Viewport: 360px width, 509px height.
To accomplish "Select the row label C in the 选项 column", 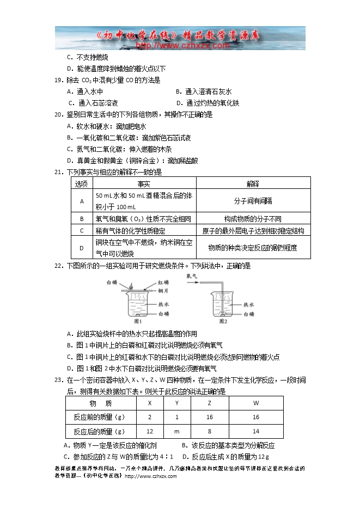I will point(81,231).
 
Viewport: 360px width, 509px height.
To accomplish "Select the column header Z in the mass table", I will point(210,403).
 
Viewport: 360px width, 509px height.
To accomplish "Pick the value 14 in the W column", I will point(256,432).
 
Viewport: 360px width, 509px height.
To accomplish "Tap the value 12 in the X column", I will point(150,432).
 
